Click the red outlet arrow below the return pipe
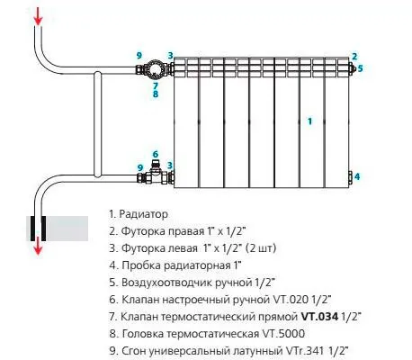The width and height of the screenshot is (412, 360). pos(38,245)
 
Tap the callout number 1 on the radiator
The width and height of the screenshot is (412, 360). pos(309,121)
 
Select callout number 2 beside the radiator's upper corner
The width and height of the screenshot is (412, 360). pos(354,56)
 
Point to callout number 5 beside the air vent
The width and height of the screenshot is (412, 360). pos(360,68)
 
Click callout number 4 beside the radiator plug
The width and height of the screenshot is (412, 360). pos(357,176)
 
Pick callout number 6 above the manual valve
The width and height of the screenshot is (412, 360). pos(156,154)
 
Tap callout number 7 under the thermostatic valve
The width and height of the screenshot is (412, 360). pos(156,85)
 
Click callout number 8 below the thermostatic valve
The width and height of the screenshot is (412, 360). pos(156,94)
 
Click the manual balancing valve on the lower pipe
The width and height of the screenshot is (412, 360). pos(156,174)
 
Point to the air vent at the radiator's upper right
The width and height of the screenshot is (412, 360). pos(353,68)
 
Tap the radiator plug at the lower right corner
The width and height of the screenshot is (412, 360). pos(350,176)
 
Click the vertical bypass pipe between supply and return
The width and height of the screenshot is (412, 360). pos(98,124)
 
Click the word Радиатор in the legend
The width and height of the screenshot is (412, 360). pos(143,214)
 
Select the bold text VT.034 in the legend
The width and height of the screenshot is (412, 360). pos(319,317)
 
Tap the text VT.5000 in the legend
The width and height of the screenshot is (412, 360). pos(283,334)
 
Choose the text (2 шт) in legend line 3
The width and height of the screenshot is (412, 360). pos(261,248)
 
